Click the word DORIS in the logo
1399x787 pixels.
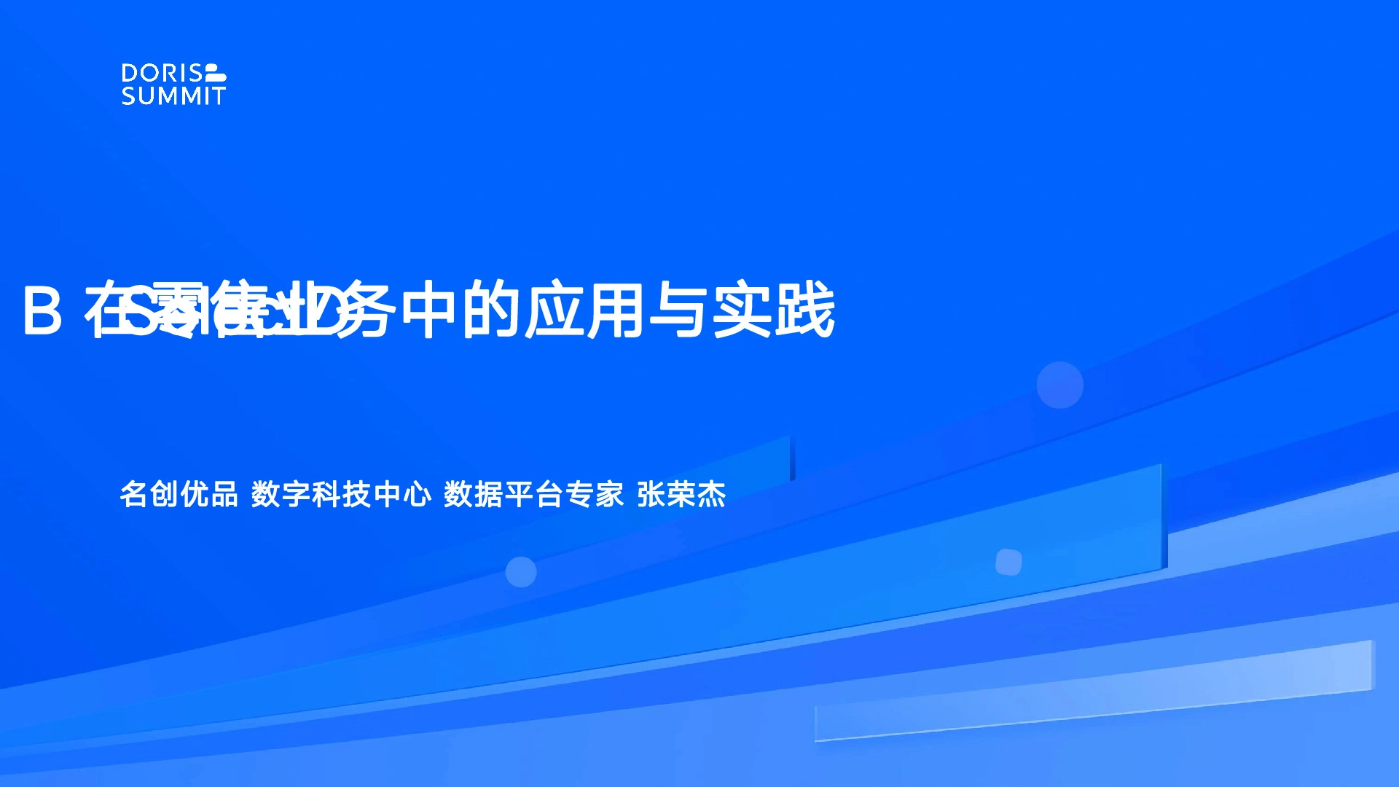point(161,73)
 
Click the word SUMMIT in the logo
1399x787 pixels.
point(173,96)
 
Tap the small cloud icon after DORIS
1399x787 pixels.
point(216,73)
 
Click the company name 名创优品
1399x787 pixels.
point(179,495)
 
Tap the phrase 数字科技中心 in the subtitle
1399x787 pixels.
point(341,495)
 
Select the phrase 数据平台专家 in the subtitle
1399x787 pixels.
point(533,495)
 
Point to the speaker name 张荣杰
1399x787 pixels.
point(681,495)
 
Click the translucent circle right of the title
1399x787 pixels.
point(1059,385)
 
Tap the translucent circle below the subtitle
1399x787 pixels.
point(521,572)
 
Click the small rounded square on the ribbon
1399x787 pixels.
point(1008,562)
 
